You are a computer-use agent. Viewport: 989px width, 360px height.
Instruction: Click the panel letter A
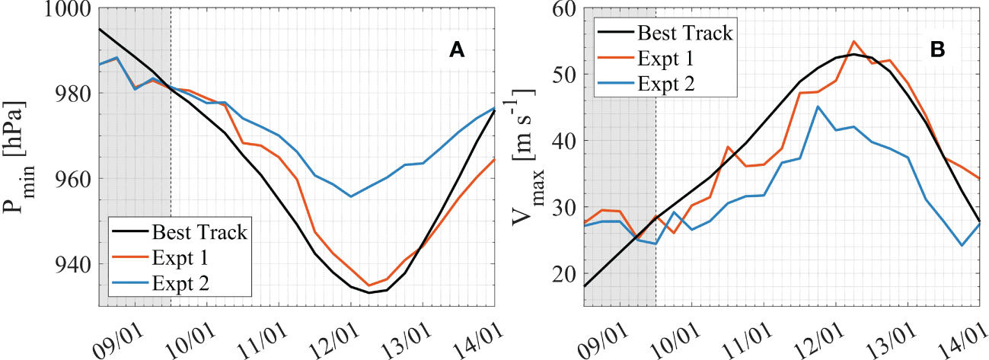[x=457, y=50]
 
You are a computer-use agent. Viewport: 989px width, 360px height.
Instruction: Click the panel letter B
[x=938, y=50]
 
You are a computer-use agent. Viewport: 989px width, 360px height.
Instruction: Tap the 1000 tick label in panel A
[x=70, y=10]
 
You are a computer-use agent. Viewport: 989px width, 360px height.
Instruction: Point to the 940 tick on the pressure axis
[x=76, y=264]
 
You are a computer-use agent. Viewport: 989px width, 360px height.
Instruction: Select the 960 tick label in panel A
[x=76, y=179]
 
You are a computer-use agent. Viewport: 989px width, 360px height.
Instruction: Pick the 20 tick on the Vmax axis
[x=564, y=273]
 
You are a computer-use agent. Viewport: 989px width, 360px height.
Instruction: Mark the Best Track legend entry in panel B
[x=684, y=33]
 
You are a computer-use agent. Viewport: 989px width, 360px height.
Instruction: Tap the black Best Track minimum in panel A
[x=368, y=292]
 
